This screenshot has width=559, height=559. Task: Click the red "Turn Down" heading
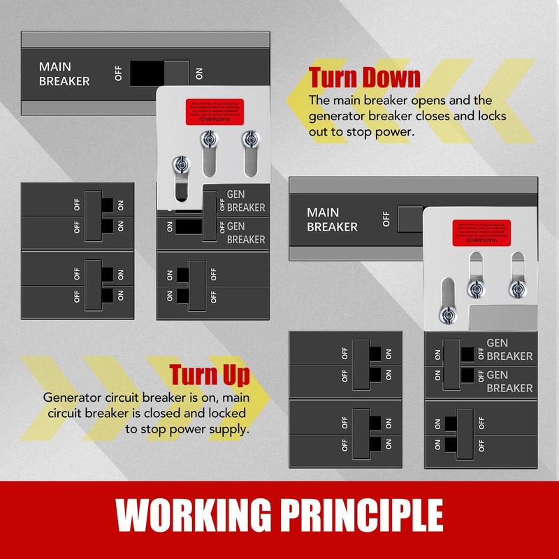click(364, 77)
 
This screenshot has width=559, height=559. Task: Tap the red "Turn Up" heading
click(209, 375)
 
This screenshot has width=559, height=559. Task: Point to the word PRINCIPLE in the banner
click(365, 516)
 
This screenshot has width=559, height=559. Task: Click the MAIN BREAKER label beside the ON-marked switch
click(64, 74)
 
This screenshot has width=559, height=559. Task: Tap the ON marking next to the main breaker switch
click(200, 73)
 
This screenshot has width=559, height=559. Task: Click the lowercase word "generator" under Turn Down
click(337, 116)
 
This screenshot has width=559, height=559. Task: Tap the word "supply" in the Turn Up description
click(228, 429)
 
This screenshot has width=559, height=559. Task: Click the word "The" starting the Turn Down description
click(319, 100)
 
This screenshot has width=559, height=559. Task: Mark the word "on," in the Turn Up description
click(199, 397)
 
